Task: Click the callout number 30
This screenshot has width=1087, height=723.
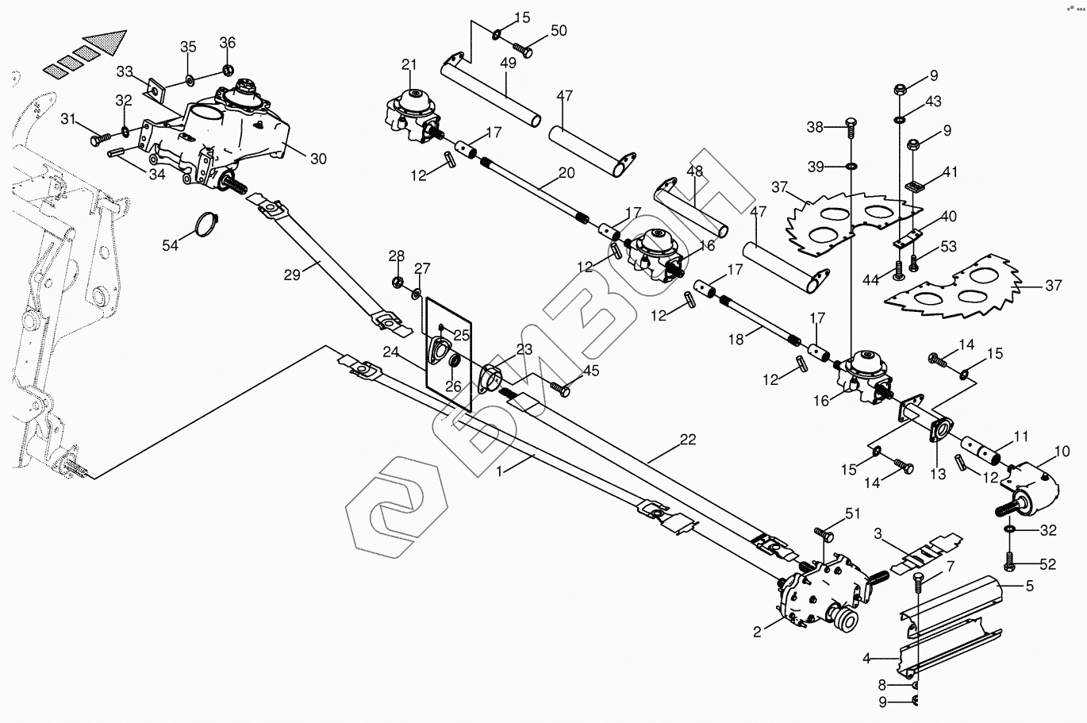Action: tap(317, 159)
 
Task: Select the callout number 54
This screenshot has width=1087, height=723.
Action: tap(171, 246)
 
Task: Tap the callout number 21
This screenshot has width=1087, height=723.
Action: tap(409, 64)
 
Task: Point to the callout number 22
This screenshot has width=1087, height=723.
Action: tap(687, 440)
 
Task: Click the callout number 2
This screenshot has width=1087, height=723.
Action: tap(757, 632)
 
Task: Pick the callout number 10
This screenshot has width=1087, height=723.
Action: tap(1062, 452)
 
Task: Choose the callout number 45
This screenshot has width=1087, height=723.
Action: tap(591, 370)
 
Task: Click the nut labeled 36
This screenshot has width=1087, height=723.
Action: tap(228, 70)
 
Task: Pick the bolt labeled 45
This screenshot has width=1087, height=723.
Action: tap(561, 389)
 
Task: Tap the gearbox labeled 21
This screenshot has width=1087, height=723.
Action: tap(409, 115)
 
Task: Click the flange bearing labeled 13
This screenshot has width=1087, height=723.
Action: tap(938, 427)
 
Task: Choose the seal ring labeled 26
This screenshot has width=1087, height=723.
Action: tap(455, 363)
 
